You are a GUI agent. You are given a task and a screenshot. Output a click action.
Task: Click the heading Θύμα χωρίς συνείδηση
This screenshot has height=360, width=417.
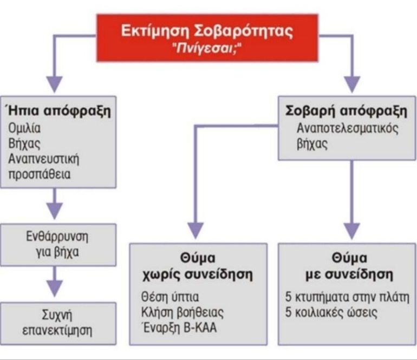[x=198, y=266]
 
